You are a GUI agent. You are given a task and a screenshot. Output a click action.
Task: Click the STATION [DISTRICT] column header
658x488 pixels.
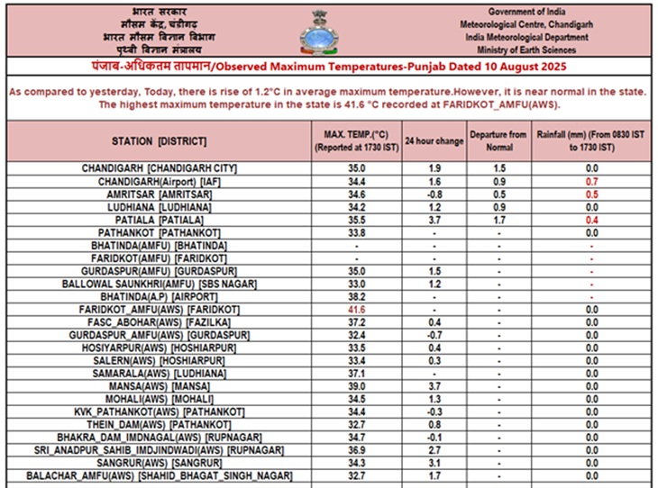(x=159, y=141)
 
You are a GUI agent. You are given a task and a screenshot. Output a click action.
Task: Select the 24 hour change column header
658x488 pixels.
(x=434, y=141)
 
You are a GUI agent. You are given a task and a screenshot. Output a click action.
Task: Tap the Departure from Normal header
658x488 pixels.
(x=498, y=141)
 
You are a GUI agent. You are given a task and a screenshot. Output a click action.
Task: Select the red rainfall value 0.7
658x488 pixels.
(x=592, y=181)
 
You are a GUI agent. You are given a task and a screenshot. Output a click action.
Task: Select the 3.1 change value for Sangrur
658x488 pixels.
(x=434, y=462)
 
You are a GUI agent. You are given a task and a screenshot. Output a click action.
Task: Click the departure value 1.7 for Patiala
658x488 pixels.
(x=498, y=220)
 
